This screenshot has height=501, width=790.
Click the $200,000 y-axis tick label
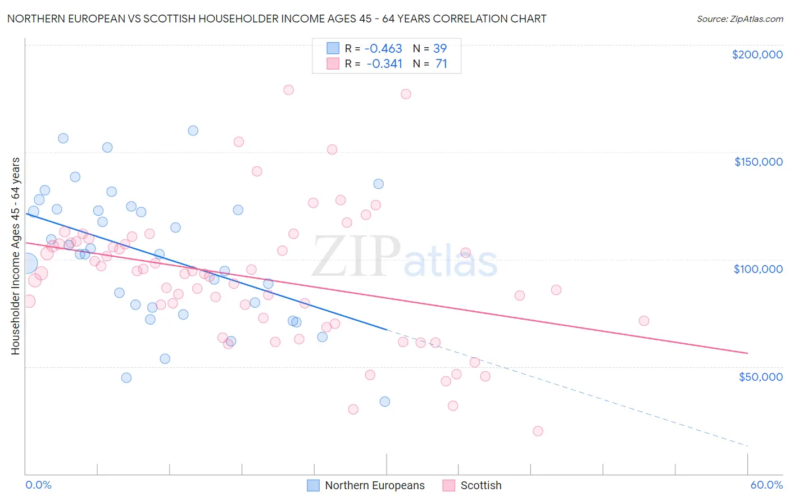click(757, 54)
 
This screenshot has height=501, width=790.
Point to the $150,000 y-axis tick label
click(758, 162)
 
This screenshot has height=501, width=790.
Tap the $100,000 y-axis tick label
click(758, 269)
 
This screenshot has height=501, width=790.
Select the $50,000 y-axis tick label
click(760, 376)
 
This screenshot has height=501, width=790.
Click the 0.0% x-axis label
click(38, 485)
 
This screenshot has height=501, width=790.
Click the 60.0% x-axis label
click(766, 485)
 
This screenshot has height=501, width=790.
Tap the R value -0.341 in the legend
click(384, 64)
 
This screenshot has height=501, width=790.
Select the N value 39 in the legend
click(440, 49)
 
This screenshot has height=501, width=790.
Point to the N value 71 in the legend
click(441, 64)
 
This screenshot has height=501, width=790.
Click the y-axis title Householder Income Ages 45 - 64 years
click(16, 256)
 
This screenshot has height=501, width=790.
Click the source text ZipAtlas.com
click(740, 19)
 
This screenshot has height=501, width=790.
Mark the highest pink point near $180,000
click(289, 90)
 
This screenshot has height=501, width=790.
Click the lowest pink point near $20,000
click(538, 431)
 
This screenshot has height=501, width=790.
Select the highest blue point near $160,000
click(193, 130)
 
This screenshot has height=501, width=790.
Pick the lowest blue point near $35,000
click(385, 402)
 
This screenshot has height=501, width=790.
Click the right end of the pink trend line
click(747, 353)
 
